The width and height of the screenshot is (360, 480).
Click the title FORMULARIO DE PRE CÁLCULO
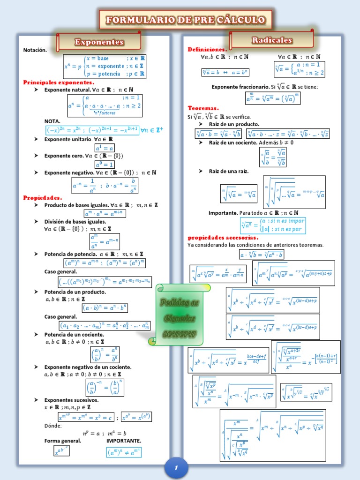point(185,20)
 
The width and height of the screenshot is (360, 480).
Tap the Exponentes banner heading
point(99,42)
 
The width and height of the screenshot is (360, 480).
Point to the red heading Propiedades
point(43,197)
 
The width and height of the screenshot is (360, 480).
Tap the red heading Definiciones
point(207,49)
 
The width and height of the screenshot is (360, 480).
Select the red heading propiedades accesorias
point(223,237)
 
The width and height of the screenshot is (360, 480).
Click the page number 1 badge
point(177,468)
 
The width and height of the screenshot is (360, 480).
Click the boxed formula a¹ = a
point(105,148)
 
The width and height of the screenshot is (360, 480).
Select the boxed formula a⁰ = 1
point(105,164)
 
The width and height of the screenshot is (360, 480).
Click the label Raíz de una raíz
point(229,171)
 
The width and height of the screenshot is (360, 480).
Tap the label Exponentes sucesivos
point(71,400)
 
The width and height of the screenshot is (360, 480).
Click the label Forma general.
point(63,441)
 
